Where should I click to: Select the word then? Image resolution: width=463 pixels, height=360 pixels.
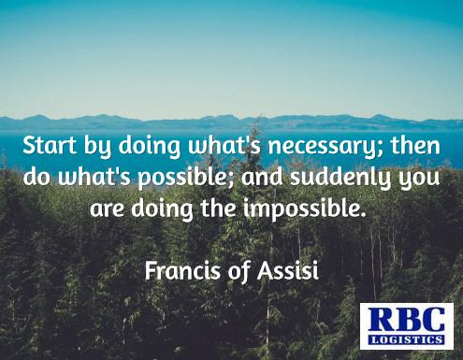point(416,147)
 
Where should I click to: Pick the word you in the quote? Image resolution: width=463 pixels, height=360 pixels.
point(417,180)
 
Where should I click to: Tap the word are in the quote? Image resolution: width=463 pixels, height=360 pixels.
point(107,208)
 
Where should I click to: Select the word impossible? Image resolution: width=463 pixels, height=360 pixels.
point(307,209)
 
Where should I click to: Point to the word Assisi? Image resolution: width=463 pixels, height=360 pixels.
point(292,270)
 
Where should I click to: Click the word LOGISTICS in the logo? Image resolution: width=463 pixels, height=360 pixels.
point(407,338)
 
